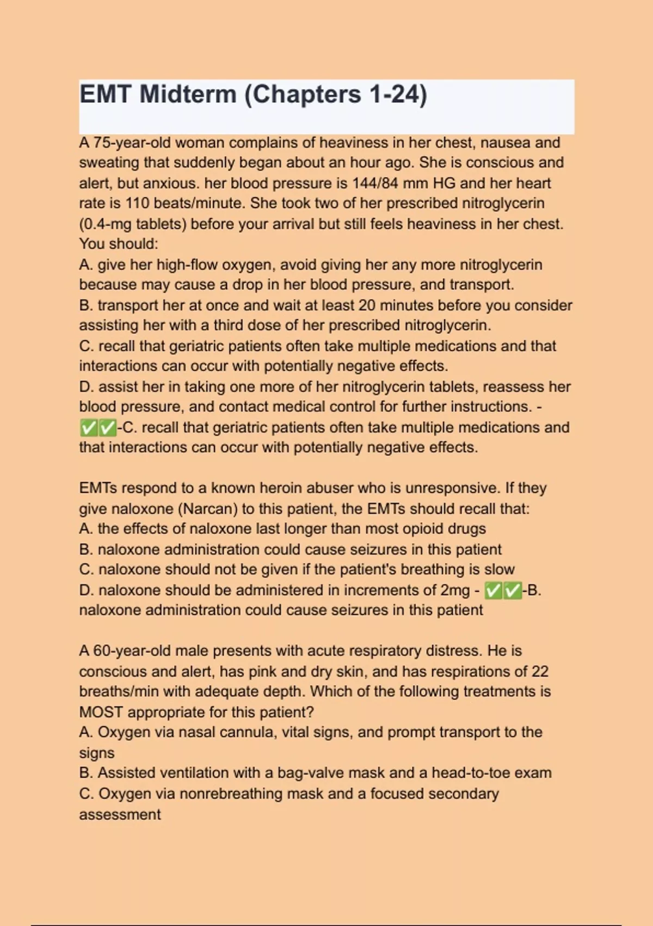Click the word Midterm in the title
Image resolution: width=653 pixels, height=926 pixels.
click(187, 94)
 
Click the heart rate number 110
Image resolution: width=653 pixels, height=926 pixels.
click(137, 203)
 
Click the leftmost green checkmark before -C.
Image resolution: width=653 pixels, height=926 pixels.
click(88, 428)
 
